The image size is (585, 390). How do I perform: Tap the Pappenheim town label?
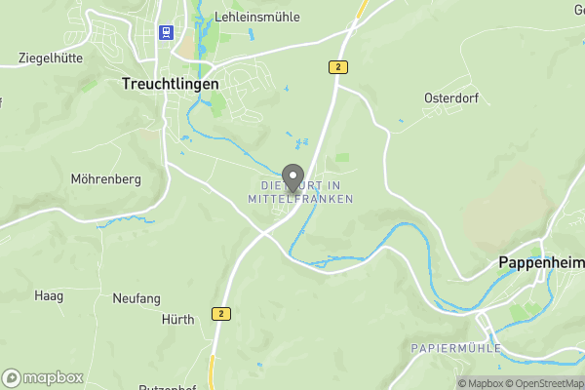click(540, 262)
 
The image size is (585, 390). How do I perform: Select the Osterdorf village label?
click(450, 98)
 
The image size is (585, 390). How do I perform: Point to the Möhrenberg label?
click(106, 179)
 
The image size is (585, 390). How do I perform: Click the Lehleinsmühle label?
click(256, 17)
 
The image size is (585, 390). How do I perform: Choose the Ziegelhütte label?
click(51, 58)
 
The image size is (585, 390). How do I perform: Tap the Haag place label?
click(49, 295)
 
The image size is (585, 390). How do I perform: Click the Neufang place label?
click(136, 297)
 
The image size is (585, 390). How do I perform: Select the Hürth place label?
click(177, 319)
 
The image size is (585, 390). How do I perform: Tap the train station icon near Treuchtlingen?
click(166, 32)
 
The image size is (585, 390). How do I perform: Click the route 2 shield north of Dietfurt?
click(337, 66)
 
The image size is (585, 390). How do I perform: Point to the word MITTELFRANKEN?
click(301, 199)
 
